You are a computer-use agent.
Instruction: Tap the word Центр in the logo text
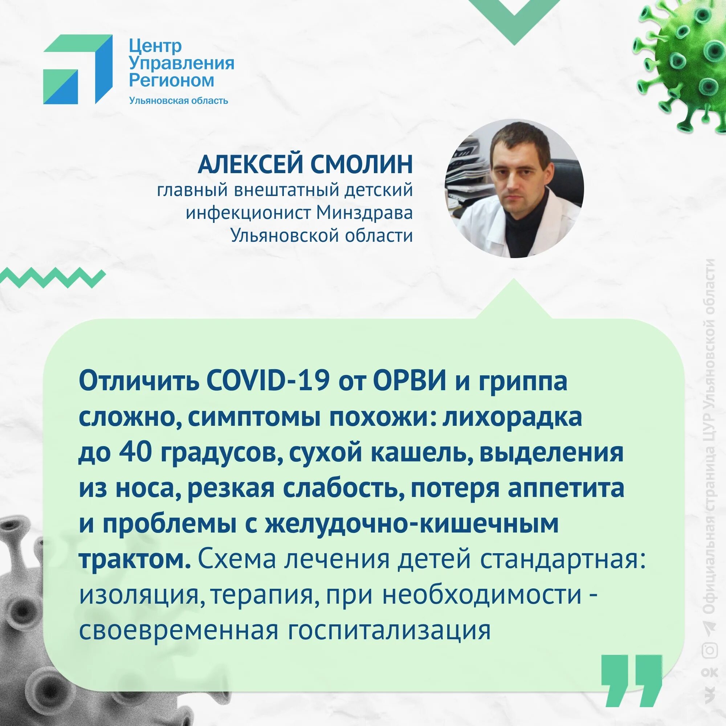tap(156, 46)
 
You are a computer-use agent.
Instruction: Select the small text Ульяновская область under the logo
tap(179, 101)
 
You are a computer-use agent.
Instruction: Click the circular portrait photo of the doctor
tap(514, 188)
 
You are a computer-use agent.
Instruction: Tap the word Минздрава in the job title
tap(364, 213)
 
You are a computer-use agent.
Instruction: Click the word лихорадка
tap(512, 418)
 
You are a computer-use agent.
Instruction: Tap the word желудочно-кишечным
tap(412, 524)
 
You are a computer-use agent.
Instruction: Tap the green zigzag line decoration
tap(53, 278)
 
